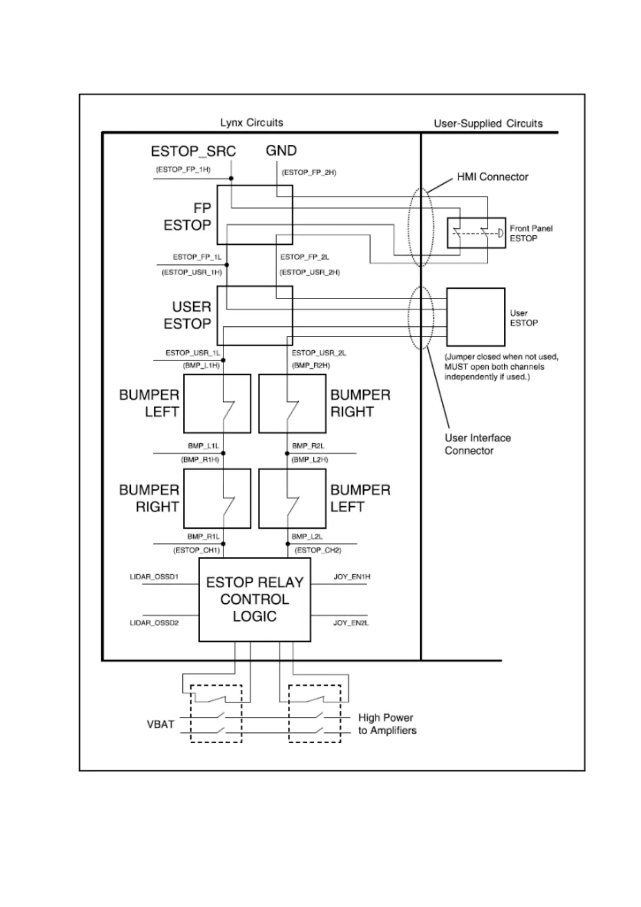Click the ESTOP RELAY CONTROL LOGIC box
[x=255, y=599]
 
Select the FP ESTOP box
[x=255, y=215]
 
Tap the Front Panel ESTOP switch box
[x=476, y=233]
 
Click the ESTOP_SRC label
[x=193, y=151]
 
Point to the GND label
[x=281, y=151]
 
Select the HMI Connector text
[x=492, y=177]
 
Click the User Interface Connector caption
[x=477, y=444]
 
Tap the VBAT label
[x=160, y=724]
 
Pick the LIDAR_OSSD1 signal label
[x=154, y=577]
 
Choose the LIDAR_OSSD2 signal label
[x=154, y=623]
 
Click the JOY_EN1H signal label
[x=352, y=577]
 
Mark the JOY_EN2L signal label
[x=351, y=623]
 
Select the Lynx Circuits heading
[x=251, y=123]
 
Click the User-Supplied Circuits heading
[x=488, y=123]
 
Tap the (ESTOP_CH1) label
[x=196, y=550]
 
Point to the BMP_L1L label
[x=203, y=446]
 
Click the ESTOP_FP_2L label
[x=305, y=257]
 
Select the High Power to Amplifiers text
[x=387, y=724]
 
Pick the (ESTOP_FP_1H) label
[x=183, y=170]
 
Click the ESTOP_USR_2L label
[x=319, y=353]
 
